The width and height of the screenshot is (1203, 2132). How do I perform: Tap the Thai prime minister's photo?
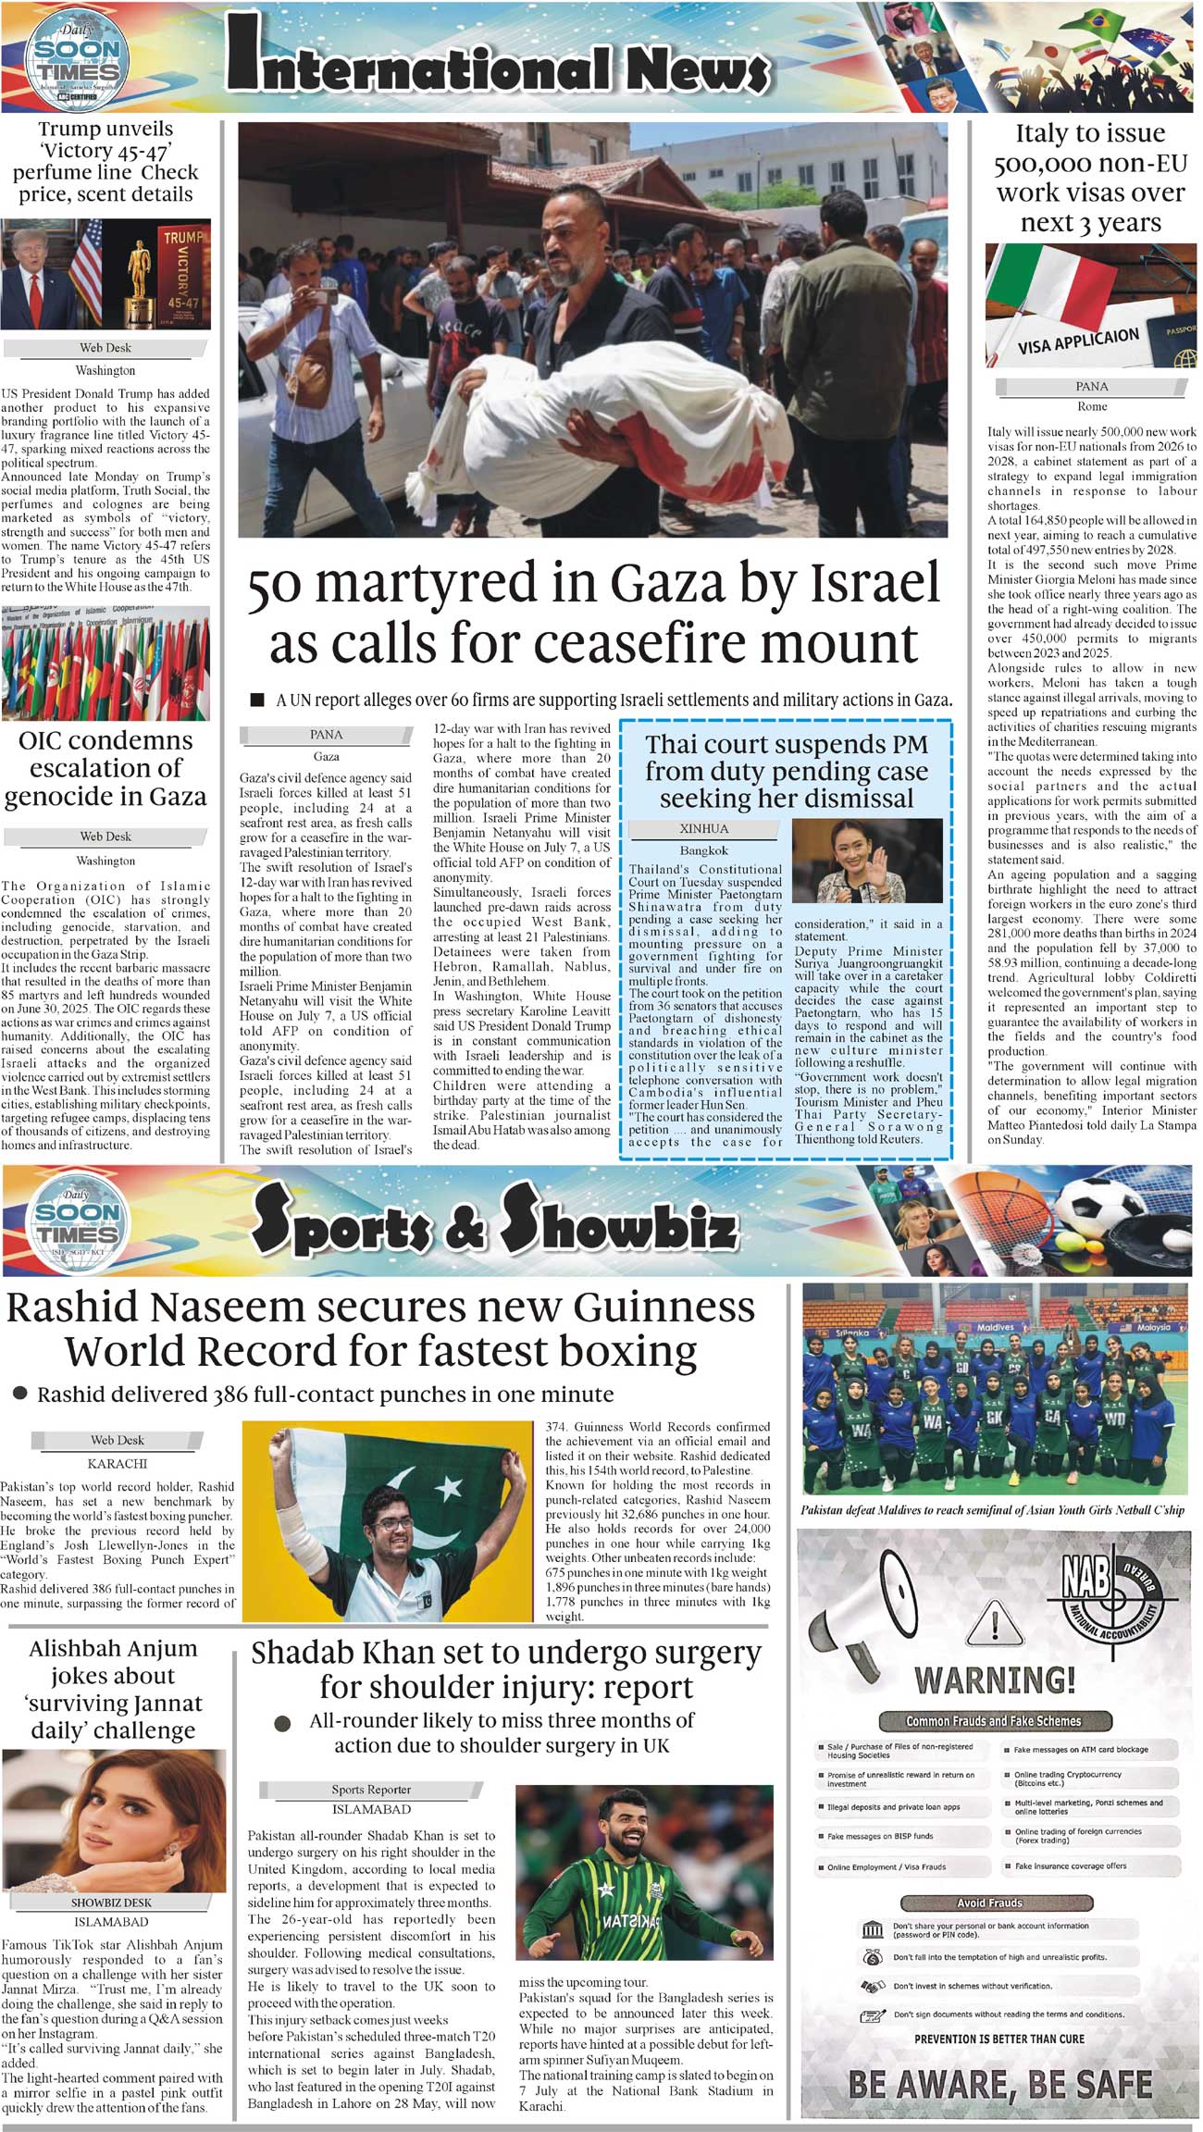(868, 861)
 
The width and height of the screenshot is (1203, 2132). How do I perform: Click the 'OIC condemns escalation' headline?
(105, 768)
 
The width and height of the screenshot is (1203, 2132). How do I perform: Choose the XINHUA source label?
(704, 828)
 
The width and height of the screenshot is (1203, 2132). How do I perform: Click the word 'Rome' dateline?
(1092, 406)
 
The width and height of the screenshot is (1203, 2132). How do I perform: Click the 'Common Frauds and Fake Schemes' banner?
(993, 1721)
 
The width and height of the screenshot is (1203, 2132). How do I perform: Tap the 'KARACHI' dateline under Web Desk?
(118, 1464)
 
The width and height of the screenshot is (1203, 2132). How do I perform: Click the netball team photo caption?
(992, 1510)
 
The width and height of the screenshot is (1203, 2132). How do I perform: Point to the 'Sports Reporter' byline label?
(371, 1790)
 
